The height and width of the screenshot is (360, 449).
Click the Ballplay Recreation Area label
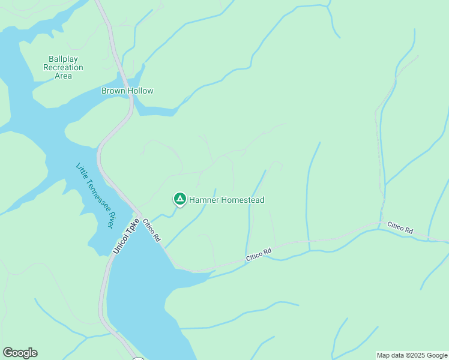click(x=63, y=67)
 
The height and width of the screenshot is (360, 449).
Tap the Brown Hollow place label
click(x=127, y=91)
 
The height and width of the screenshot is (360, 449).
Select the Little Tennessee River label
click(x=94, y=195)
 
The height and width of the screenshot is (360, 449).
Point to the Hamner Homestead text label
click(x=227, y=200)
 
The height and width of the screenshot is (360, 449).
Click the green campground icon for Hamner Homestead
click(x=179, y=199)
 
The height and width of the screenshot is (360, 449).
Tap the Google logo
click(x=20, y=353)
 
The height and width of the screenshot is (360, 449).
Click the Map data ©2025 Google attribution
click(x=412, y=355)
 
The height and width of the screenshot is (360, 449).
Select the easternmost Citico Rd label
click(x=400, y=228)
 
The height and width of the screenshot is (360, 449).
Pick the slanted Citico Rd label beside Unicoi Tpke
click(x=151, y=230)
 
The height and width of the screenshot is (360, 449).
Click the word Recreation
click(x=63, y=67)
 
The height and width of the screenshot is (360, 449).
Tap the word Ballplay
click(x=63, y=59)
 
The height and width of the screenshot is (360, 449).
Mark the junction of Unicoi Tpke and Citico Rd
click(x=139, y=215)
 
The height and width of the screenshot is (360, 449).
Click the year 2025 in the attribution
click(x=408, y=355)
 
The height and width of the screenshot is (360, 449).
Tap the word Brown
click(x=113, y=91)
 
